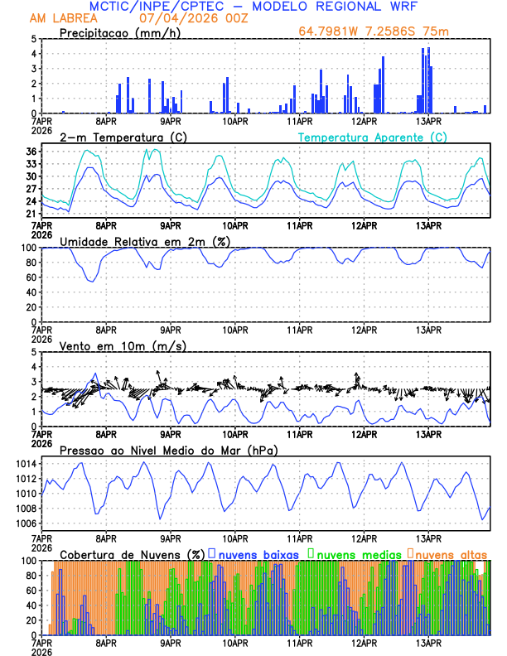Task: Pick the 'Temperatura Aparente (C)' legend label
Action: coord(373,137)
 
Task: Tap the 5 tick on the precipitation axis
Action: coord(34,39)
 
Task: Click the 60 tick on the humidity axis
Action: coord(31,277)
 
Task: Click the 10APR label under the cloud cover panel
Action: coord(234,642)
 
